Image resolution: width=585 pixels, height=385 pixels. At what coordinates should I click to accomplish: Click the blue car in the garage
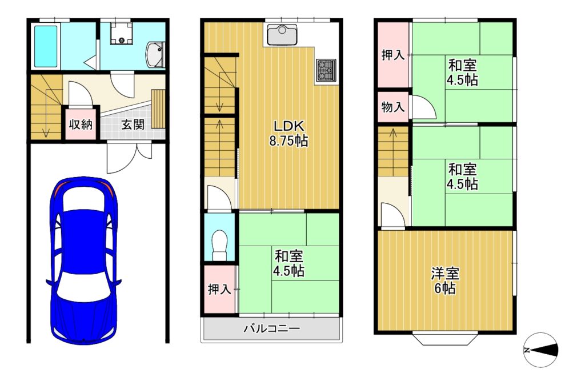[x=83, y=260]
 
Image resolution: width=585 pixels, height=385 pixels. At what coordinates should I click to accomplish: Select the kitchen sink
[x=282, y=35]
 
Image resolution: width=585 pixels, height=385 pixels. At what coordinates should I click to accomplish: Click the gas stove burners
[x=326, y=70]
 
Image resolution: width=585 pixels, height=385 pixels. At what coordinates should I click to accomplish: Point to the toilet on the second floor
[x=219, y=244]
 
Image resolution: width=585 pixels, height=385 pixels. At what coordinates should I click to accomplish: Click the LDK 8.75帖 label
[x=289, y=133]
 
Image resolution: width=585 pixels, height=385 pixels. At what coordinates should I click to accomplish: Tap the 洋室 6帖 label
[x=445, y=280]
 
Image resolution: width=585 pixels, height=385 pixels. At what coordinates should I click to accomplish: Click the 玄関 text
[x=133, y=124]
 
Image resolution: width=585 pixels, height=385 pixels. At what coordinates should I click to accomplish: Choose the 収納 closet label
[x=81, y=124]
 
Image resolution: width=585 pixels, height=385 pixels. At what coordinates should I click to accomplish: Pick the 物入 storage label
[x=393, y=107]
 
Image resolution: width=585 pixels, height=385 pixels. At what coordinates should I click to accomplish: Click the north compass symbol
[x=540, y=350]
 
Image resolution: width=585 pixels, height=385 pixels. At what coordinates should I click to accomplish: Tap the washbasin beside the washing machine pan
[x=155, y=55]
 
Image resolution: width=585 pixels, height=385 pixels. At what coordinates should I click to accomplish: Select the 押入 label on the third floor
[x=393, y=55]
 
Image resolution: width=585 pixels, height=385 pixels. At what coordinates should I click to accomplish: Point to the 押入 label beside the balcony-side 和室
[x=219, y=289]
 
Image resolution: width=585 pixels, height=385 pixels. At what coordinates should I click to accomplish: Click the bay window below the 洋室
[x=445, y=339]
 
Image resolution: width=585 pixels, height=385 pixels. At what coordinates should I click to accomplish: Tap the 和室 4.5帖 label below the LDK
[x=289, y=263]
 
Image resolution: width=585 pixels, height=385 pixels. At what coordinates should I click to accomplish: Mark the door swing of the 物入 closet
[x=422, y=107]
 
